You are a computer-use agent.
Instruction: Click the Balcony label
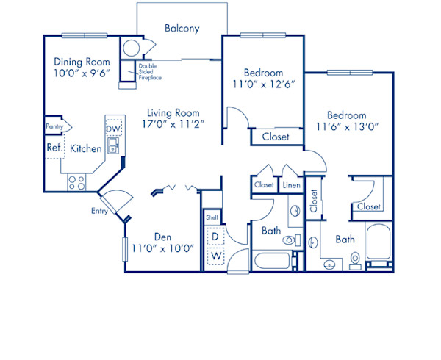(182, 29)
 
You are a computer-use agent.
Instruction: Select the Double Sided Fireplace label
(150, 72)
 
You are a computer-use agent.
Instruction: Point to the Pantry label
(54, 126)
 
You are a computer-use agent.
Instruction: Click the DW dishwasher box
(113, 129)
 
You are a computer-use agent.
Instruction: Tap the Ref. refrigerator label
(54, 148)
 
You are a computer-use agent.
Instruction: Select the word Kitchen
(86, 148)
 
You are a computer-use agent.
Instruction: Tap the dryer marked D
(215, 237)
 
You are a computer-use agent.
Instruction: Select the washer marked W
(215, 256)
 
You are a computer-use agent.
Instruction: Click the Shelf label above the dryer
(212, 217)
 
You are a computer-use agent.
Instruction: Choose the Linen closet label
(290, 185)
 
